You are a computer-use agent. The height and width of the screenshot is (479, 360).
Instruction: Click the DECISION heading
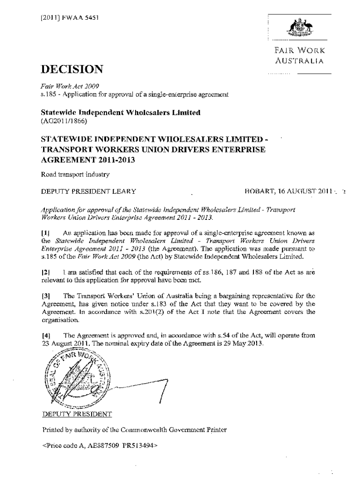click(72, 70)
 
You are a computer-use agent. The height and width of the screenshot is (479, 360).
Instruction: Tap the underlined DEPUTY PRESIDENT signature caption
click(77, 414)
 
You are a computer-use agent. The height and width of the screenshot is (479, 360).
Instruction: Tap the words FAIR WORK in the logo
click(300, 51)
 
